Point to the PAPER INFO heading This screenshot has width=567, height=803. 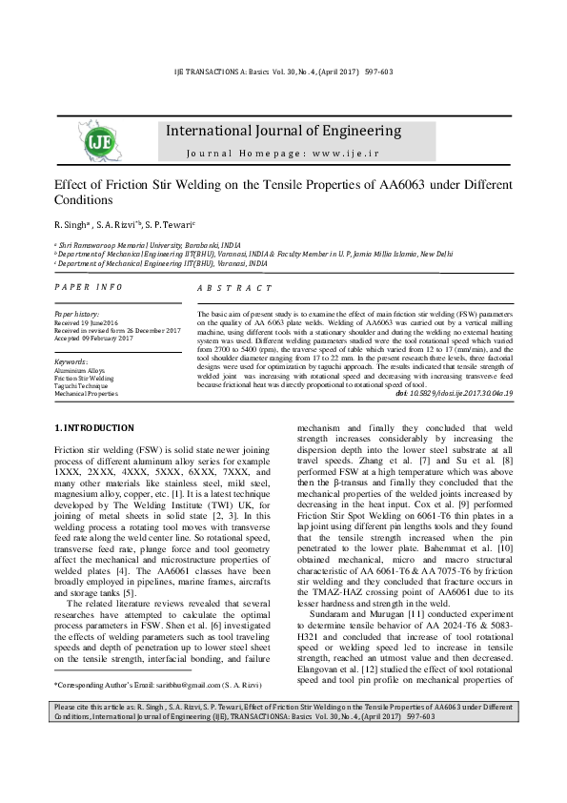coord(89,287)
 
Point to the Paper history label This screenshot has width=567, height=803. coord(77,313)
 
